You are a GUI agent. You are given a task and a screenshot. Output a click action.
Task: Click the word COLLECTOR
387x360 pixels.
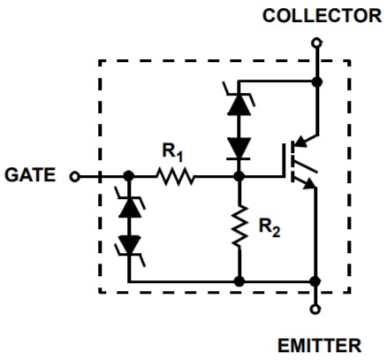tap(322, 16)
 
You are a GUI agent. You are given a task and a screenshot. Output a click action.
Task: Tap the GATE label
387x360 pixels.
tap(30, 175)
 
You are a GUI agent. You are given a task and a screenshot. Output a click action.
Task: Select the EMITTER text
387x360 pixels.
tap(320, 346)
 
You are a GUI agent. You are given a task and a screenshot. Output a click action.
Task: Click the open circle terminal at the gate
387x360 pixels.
tap(74, 177)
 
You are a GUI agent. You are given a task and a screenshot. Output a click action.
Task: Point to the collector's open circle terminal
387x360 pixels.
tap(316, 43)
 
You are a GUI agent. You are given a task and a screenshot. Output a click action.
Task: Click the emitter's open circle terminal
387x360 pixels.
tap(315, 310)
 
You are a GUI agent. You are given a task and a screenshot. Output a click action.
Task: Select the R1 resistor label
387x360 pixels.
tap(172, 152)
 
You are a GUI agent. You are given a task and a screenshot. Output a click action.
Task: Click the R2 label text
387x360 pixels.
tap(269, 227)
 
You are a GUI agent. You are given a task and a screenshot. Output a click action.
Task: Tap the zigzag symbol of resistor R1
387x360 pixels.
tap(176, 177)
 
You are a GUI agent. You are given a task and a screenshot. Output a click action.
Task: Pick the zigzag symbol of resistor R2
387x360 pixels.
tap(239, 226)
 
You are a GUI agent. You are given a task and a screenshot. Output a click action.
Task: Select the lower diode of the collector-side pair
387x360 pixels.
tap(239, 149)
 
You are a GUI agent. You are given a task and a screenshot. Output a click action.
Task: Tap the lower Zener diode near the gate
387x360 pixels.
tap(129, 247)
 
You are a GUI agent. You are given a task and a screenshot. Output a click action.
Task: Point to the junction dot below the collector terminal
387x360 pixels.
tap(317, 81)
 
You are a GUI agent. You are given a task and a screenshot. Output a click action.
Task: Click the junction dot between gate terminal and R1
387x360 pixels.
tap(128, 176)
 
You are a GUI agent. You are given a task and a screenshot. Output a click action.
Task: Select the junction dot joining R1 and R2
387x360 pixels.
tap(239, 177)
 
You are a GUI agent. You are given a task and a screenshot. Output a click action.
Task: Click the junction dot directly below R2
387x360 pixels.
tap(239, 281)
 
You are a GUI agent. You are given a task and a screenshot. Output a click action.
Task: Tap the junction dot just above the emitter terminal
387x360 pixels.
tap(315, 281)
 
